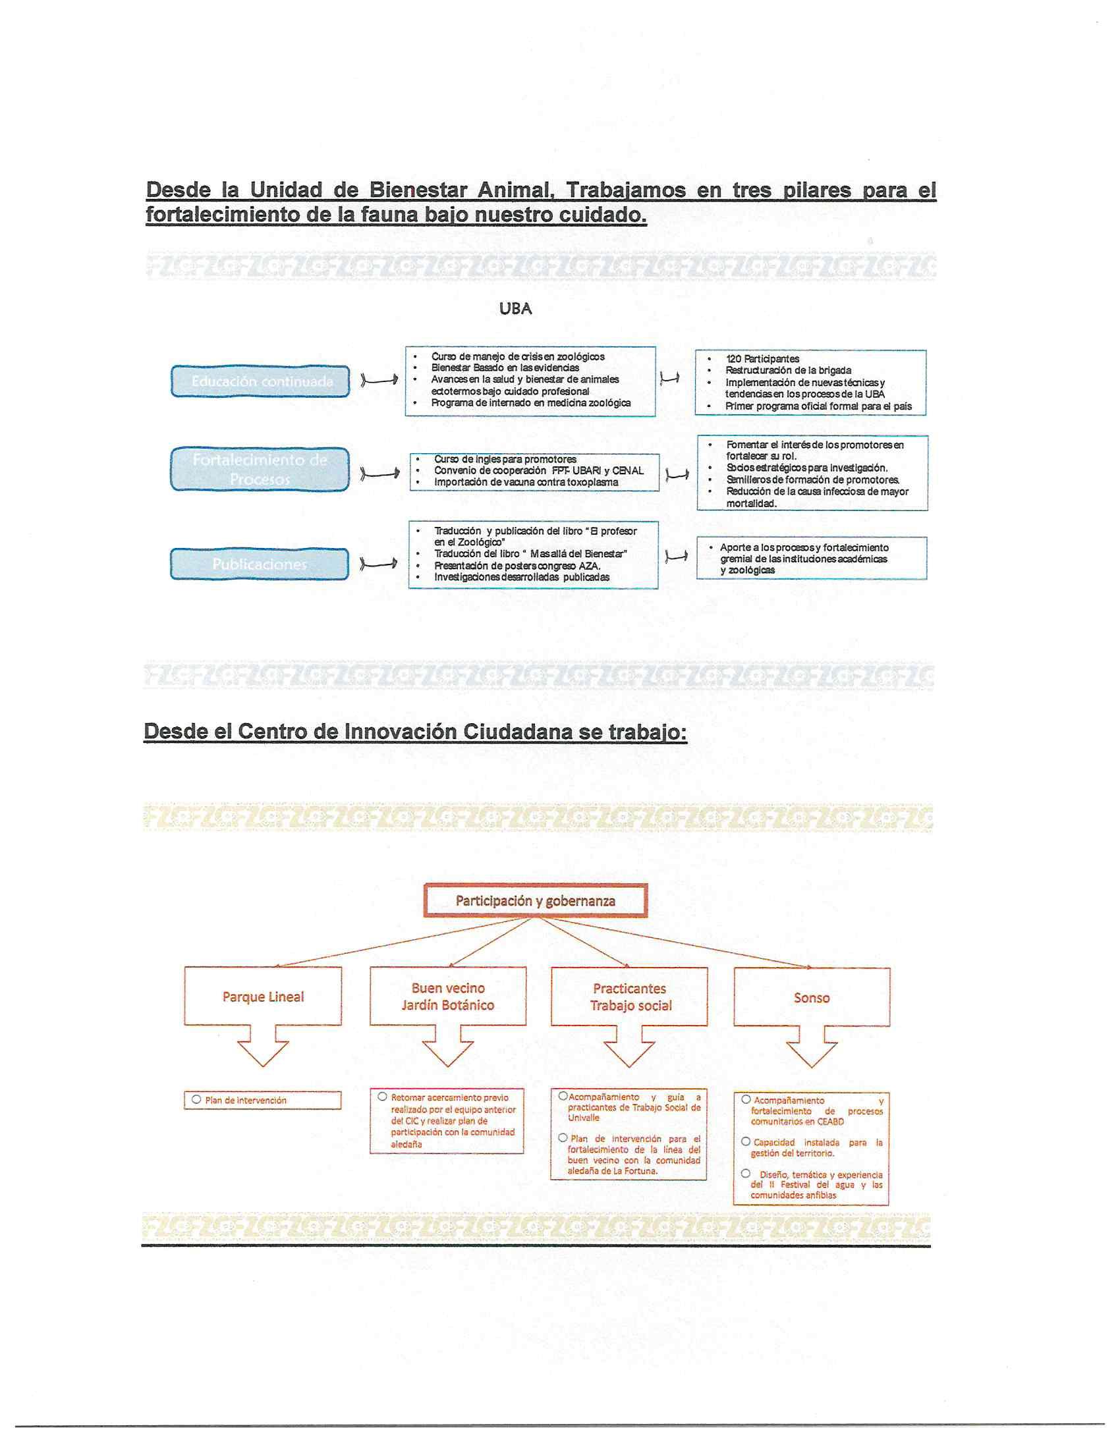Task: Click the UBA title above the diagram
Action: (x=515, y=308)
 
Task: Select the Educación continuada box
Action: (x=261, y=381)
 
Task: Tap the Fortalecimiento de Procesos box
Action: (x=260, y=469)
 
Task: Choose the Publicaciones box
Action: (x=260, y=564)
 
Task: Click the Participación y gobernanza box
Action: (x=535, y=900)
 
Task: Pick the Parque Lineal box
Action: (x=263, y=997)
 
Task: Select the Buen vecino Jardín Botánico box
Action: (x=448, y=997)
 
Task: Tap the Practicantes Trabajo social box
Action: (x=630, y=997)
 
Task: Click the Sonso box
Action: (x=812, y=997)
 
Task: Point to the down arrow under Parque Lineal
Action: (x=263, y=1047)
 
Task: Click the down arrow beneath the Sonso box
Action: (x=812, y=1047)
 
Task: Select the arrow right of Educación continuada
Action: (x=379, y=379)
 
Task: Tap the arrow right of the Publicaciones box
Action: (x=379, y=564)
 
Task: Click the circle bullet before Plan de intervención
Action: (x=196, y=1099)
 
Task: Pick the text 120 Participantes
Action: (x=762, y=359)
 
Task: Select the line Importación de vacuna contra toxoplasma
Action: (x=526, y=482)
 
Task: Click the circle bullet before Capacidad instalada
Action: (x=746, y=1142)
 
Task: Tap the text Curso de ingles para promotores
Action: (x=505, y=459)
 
